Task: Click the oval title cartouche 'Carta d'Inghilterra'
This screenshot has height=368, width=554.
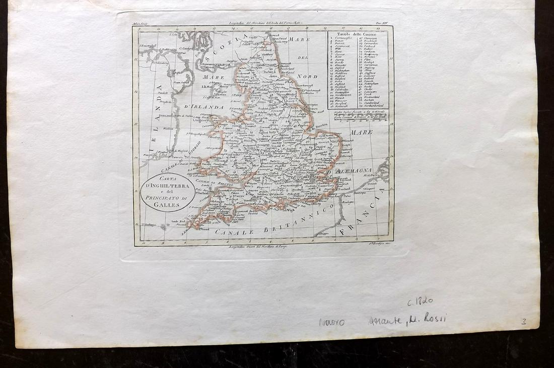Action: [168, 193]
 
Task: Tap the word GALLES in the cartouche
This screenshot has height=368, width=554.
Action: [168, 204]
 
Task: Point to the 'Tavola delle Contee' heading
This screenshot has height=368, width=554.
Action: [357, 34]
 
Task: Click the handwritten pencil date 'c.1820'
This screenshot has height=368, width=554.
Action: [420, 302]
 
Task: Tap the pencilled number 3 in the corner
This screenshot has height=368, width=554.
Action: [524, 321]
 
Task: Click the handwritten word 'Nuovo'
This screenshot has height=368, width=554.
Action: [331, 322]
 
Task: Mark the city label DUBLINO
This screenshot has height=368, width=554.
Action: [166, 115]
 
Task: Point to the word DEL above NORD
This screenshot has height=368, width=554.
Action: [302, 58]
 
